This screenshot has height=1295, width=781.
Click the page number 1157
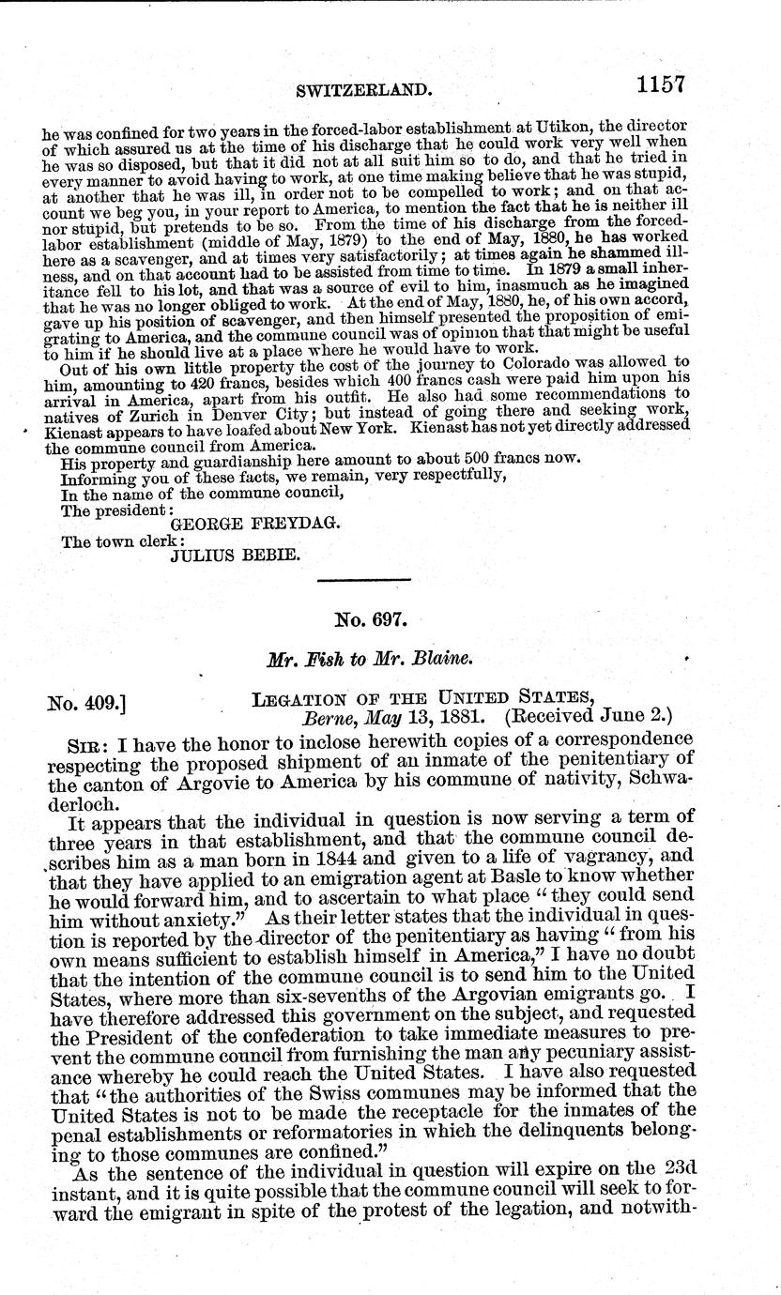click(661, 85)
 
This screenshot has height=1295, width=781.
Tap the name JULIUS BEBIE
click(235, 556)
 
